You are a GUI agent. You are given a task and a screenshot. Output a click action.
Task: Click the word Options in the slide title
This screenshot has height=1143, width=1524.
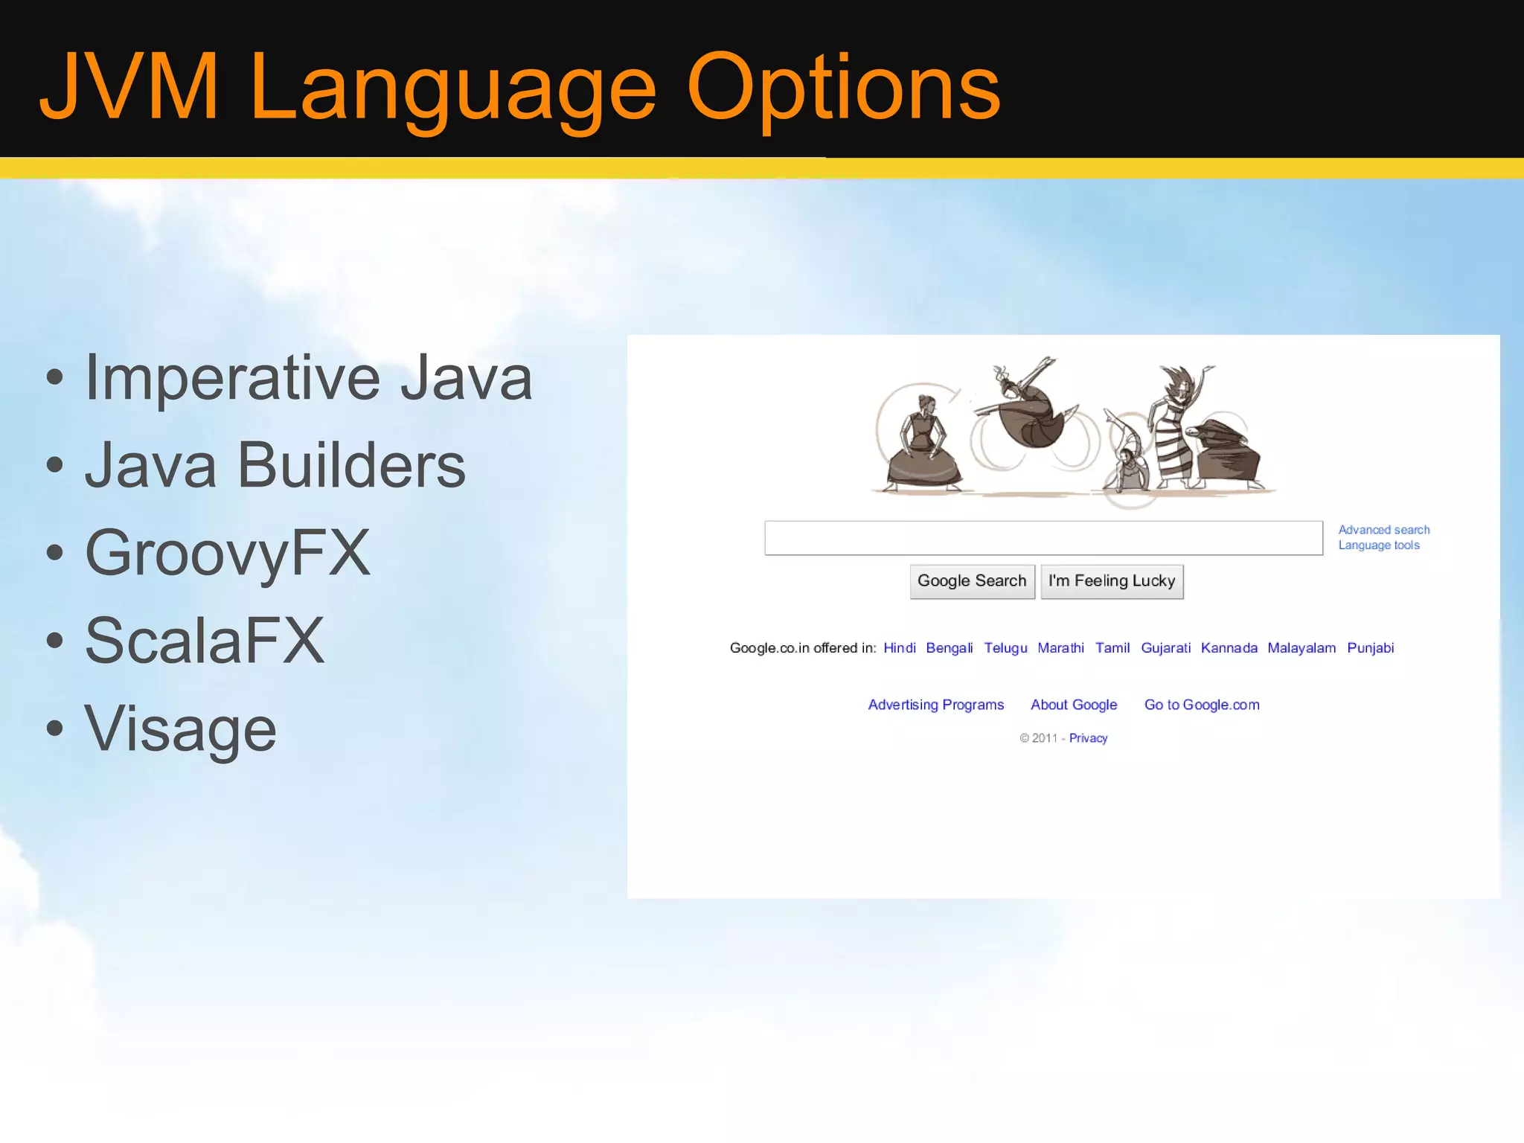(843, 89)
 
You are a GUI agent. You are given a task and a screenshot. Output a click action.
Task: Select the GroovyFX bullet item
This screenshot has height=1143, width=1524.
(227, 553)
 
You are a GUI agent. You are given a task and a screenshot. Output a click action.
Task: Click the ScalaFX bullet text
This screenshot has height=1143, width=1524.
(205, 641)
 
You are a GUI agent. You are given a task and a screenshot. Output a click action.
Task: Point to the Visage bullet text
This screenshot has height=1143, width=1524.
(180, 729)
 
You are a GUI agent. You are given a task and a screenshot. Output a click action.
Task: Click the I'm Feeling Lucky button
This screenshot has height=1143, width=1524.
(1112, 581)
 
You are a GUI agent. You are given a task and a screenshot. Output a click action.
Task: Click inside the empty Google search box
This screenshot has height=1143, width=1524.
(1043, 538)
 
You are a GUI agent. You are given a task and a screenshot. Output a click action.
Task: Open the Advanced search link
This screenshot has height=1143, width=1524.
(1384, 530)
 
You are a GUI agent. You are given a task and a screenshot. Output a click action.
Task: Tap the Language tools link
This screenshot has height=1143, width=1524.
(1379, 545)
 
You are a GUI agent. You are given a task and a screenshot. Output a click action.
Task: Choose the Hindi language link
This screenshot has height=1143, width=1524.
(899, 648)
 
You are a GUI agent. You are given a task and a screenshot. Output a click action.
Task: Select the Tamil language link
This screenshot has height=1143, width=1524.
(1112, 648)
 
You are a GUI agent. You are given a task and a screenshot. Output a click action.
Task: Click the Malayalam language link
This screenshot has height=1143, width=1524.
(1302, 648)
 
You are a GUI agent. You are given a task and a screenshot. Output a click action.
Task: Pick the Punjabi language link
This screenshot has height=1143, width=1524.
(1370, 648)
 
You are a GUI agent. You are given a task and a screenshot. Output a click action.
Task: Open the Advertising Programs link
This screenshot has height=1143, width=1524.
(935, 705)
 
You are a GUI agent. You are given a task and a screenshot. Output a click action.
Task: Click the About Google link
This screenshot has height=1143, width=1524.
(1074, 705)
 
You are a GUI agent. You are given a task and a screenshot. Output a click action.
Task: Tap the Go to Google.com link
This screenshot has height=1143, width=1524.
(1202, 705)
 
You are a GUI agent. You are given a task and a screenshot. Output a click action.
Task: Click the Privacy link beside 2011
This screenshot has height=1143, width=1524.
(1088, 738)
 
